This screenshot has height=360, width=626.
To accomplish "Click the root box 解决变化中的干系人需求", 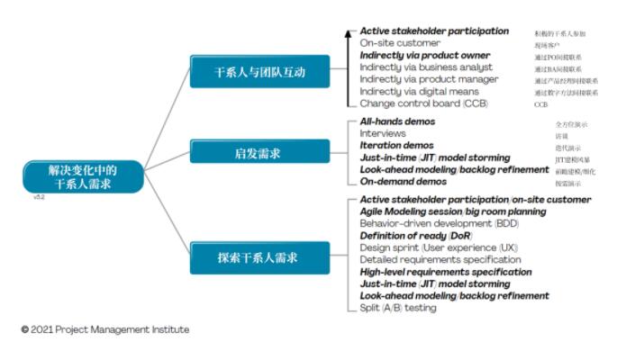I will coord(84,175).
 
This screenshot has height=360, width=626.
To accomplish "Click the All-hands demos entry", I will coord(397,121).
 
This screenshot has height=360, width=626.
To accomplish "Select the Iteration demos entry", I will coord(396,145).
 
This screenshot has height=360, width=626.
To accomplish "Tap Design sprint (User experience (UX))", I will coord(426,247).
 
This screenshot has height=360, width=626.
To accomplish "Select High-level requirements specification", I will coord(445,272).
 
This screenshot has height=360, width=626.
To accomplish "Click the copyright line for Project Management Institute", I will coord(105,329).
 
